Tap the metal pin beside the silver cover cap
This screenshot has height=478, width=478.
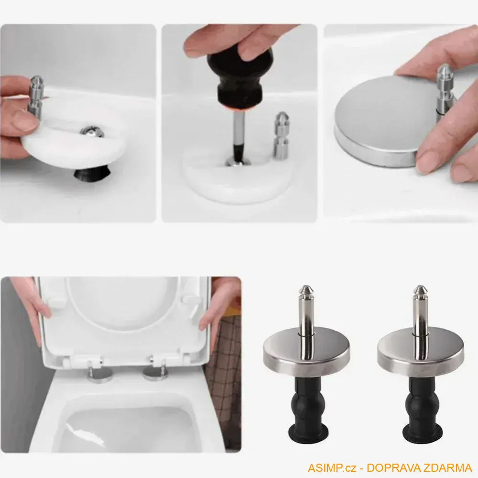pyautogui.click(x=445, y=90)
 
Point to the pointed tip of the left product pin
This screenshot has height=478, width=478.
pyautogui.click(x=306, y=286)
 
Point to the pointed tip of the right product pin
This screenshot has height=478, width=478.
pyautogui.click(x=420, y=286)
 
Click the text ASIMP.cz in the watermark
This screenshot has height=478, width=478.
pyautogui.click(x=332, y=467)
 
